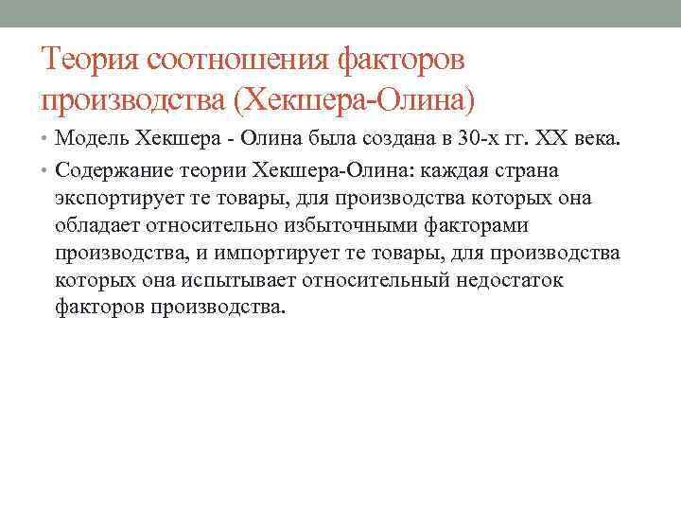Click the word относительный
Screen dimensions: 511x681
point(365,280)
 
